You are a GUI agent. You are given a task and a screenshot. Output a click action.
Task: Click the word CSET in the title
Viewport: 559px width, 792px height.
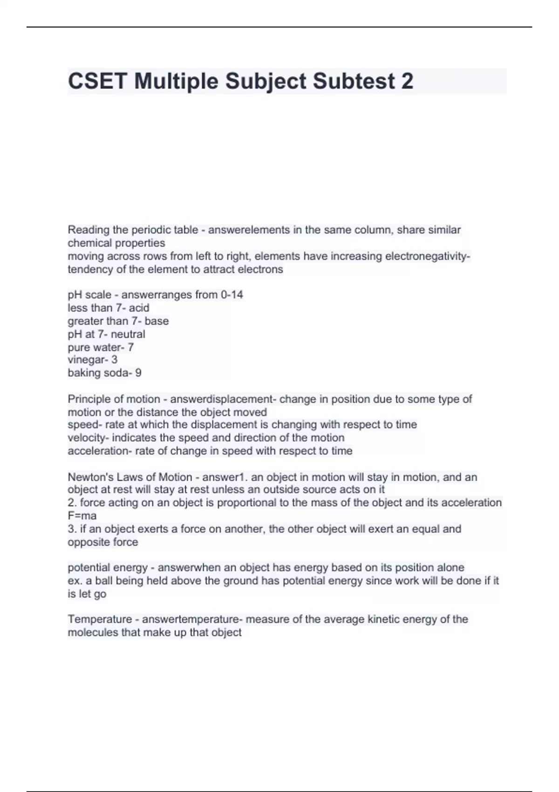click(x=97, y=81)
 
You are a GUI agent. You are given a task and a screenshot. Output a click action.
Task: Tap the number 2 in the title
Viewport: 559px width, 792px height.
click(x=407, y=81)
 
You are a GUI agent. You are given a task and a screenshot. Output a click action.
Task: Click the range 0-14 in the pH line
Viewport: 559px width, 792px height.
click(x=232, y=294)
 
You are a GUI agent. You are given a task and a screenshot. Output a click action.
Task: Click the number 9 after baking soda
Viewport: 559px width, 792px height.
click(x=138, y=373)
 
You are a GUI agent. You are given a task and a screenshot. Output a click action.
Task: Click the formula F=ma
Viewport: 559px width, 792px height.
click(x=82, y=516)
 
